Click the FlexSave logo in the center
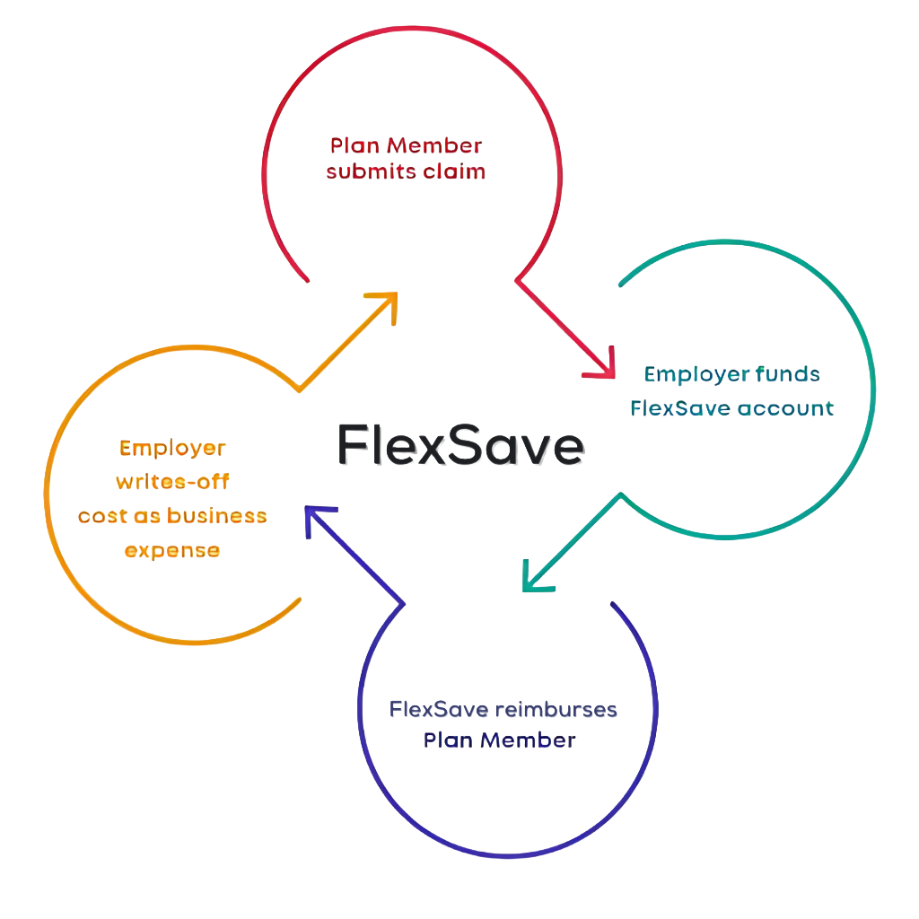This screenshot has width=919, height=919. (461, 444)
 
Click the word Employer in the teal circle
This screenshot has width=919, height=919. (687, 374)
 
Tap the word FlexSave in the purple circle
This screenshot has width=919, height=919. (438, 709)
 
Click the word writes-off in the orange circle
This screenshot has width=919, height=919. (172, 482)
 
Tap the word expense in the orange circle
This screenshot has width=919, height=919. (171, 550)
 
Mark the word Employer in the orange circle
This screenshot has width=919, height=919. (172, 447)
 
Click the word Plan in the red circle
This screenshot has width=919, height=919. (354, 146)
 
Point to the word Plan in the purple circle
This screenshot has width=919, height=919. (443, 741)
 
